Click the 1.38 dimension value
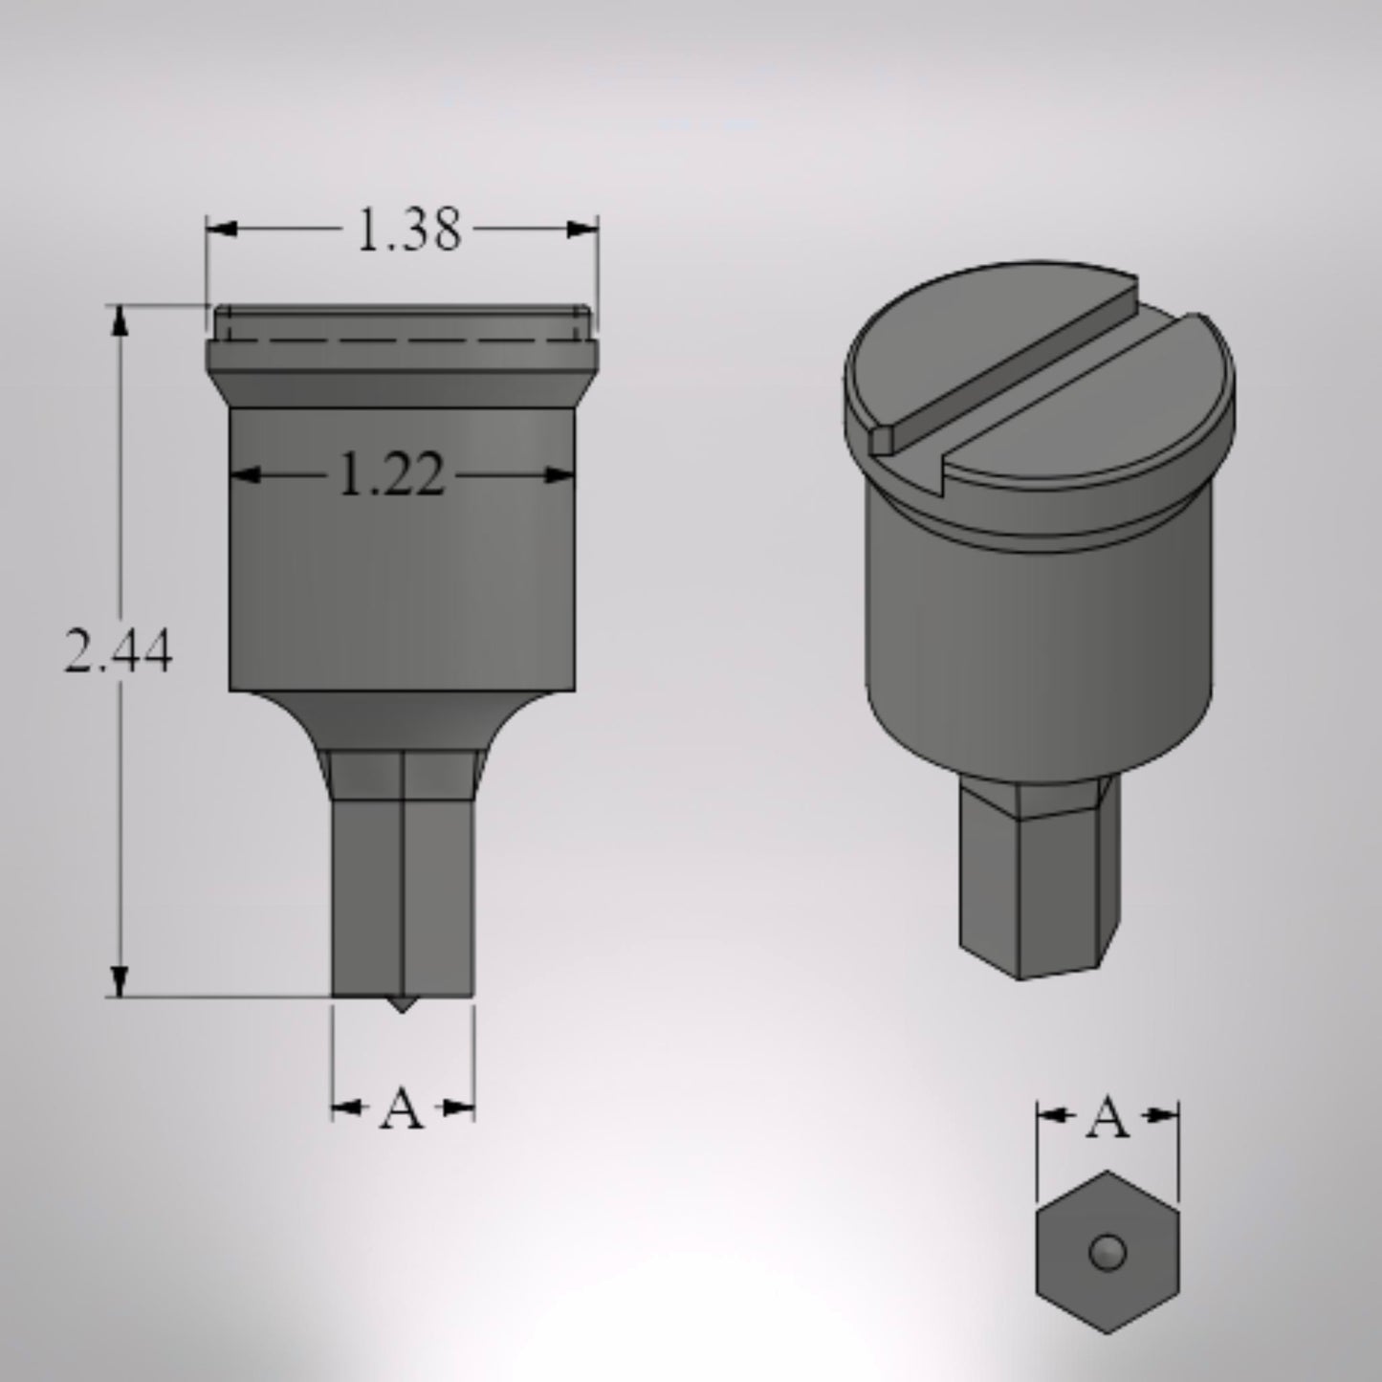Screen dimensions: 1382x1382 point(408,230)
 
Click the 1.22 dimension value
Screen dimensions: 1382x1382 point(392,475)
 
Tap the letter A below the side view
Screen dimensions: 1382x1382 point(402,1109)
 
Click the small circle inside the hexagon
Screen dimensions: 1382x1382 point(1108,1252)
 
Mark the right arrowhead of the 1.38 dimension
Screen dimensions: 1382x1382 point(582,230)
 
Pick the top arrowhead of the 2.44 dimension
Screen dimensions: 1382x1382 point(119,321)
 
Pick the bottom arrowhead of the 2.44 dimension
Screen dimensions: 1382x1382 point(119,981)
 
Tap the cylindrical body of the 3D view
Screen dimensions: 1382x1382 point(1038,650)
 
